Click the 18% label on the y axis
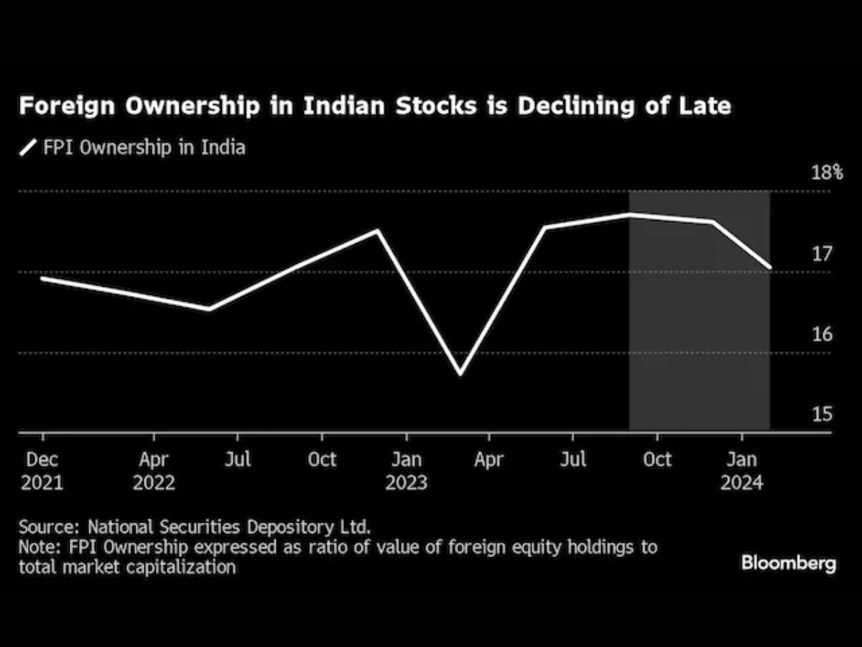coord(827,173)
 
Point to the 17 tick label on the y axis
coord(821,254)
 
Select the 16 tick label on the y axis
coord(821,334)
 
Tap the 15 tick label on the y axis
coord(821,415)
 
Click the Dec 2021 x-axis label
coord(42,470)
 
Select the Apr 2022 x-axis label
coord(154,470)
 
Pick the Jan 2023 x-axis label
coord(406,470)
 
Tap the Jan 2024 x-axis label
coord(742,470)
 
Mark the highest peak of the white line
coord(629,214)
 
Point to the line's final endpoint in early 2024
coord(770,267)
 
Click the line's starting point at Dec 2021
coord(42,277)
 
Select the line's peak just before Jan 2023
coord(376,231)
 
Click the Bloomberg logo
coord(789,563)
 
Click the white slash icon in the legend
coord(28,148)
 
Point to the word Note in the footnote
coord(37,546)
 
